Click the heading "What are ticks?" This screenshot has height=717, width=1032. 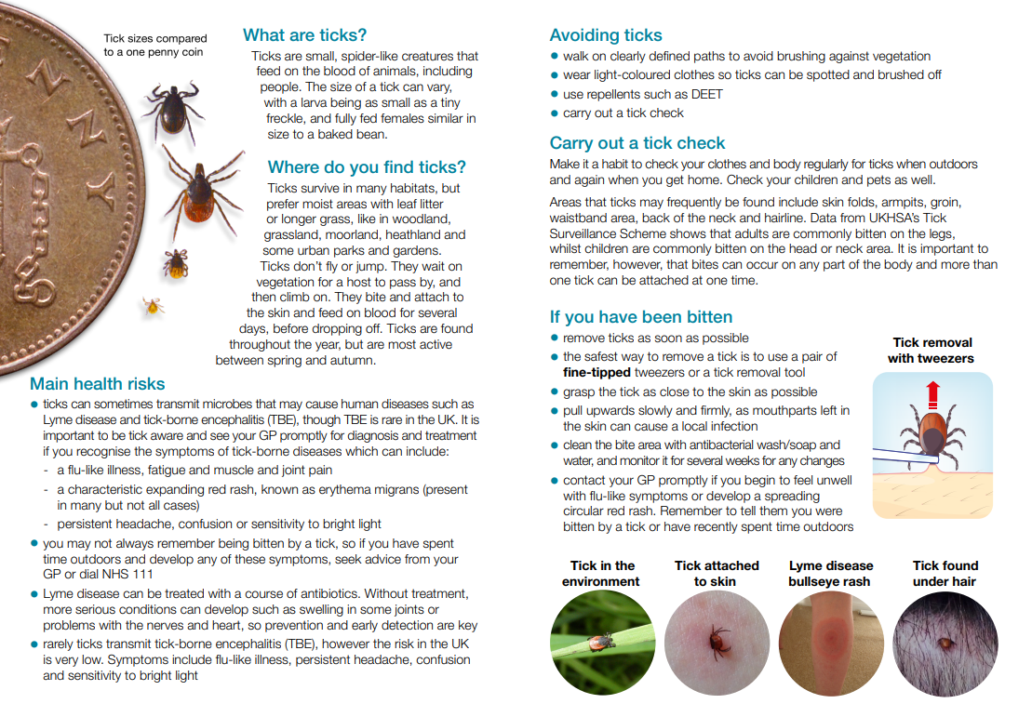305,35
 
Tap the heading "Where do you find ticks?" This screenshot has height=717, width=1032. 367,167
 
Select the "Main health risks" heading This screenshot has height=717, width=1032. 97,384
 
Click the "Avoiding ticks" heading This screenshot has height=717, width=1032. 606,35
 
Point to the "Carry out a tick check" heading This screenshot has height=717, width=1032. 637,143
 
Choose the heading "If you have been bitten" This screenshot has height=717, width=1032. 641,317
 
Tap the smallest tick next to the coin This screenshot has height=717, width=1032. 153,304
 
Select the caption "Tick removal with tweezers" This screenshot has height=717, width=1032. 931,351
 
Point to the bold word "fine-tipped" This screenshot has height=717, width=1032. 596,373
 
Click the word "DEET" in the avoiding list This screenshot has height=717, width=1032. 706,94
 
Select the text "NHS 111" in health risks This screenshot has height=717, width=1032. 127,575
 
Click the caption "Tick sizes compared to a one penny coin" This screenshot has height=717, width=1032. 155,46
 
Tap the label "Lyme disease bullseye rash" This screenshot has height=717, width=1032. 831,574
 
